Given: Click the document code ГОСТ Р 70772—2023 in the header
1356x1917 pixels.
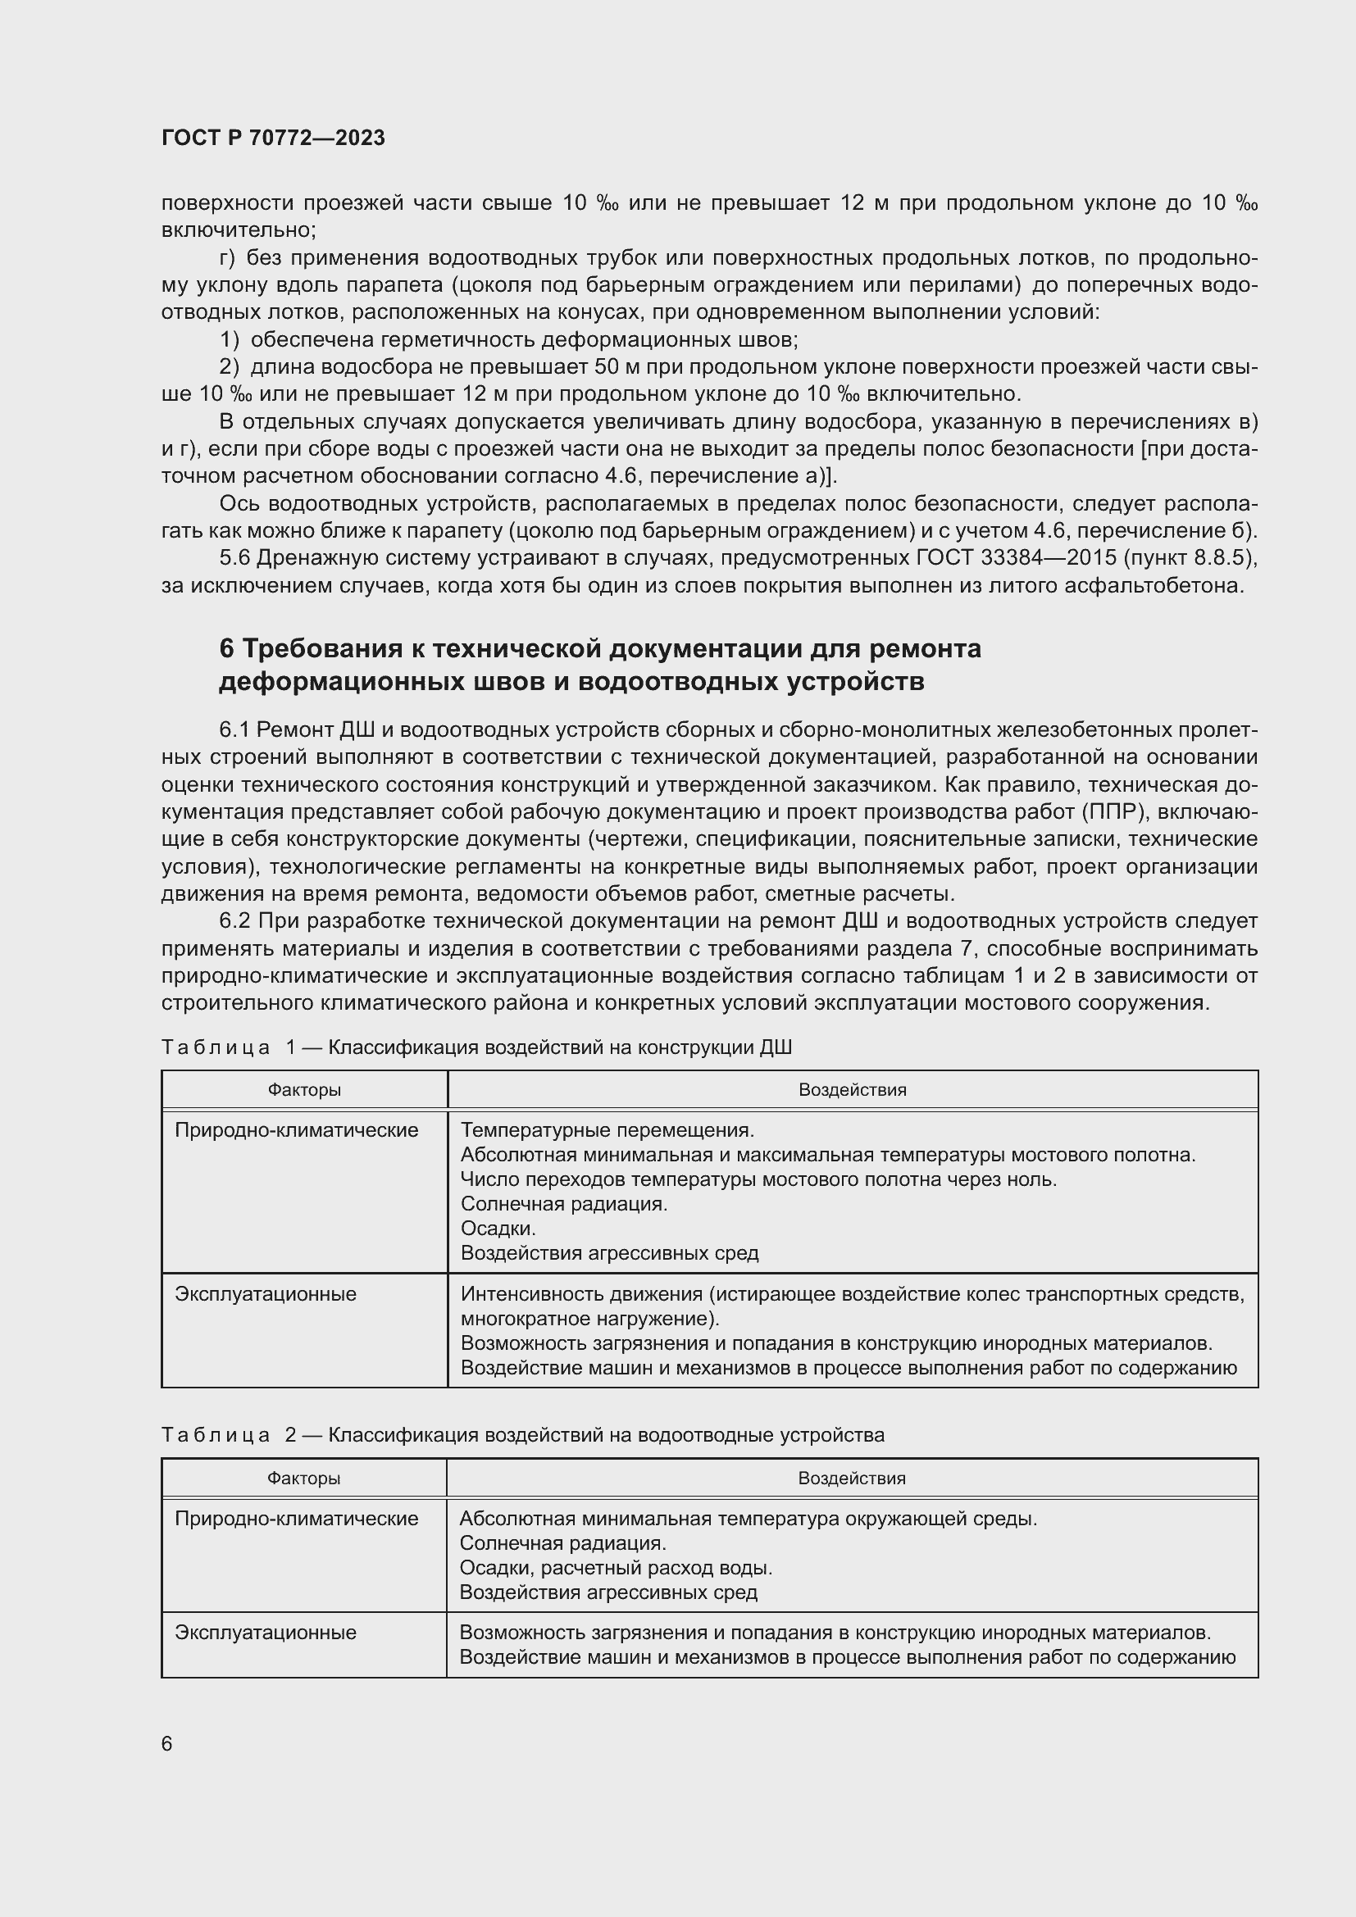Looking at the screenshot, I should (x=273, y=139).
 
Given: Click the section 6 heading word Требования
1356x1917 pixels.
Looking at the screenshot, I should (x=325, y=649).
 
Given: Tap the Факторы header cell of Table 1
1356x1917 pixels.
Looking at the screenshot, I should (x=304, y=1089).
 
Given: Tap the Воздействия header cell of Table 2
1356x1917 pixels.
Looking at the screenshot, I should (x=852, y=1477).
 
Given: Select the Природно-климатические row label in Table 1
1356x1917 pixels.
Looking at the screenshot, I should (x=297, y=1130).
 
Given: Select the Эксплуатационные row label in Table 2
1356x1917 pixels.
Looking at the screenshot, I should (x=266, y=1633).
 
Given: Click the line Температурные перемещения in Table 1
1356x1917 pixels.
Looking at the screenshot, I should (x=607, y=1130).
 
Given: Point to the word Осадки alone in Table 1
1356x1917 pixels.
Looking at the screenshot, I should (x=498, y=1229).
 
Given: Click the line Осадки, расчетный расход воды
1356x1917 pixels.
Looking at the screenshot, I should (x=616, y=1567).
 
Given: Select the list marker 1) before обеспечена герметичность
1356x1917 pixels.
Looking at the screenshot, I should (x=230, y=340).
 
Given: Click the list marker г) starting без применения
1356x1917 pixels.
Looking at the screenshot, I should (x=226, y=258).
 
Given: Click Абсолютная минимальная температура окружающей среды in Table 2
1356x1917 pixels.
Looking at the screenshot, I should (x=749, y=1518).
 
